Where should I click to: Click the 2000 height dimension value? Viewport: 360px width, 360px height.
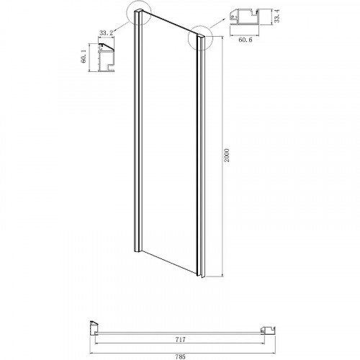[x=227, y=156]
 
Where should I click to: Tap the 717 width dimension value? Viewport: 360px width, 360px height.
[x=180, y=339]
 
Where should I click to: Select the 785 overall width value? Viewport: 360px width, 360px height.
[x=180, y=356]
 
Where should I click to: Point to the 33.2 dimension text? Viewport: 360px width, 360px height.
[x=106, y=33]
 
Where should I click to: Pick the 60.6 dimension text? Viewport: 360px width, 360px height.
[x=246, y=40]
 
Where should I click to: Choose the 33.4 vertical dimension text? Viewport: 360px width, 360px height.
[x=277, y=17]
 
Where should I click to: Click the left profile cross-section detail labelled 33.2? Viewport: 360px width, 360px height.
[x=106, y=58]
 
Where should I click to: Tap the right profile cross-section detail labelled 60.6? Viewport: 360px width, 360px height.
[x=245, y=17]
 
